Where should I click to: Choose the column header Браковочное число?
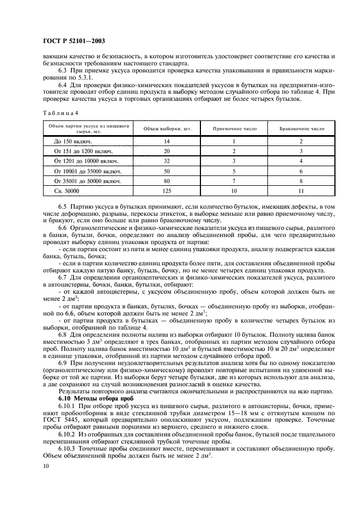tap(301, 129)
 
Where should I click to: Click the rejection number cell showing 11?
tap(301, 191)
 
